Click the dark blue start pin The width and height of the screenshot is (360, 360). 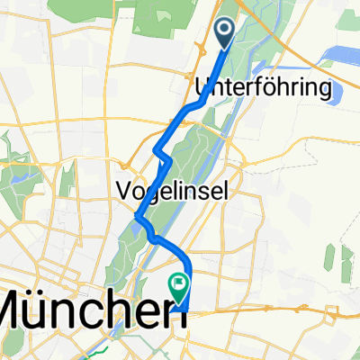coord(224,34)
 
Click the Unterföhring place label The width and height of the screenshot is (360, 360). coord(264,88)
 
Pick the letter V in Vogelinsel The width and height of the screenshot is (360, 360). coord(124,190)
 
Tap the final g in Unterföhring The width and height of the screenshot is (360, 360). coord(325,91)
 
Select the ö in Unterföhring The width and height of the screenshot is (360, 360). coord(272,87)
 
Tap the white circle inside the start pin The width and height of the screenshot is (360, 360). coord(224,31)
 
